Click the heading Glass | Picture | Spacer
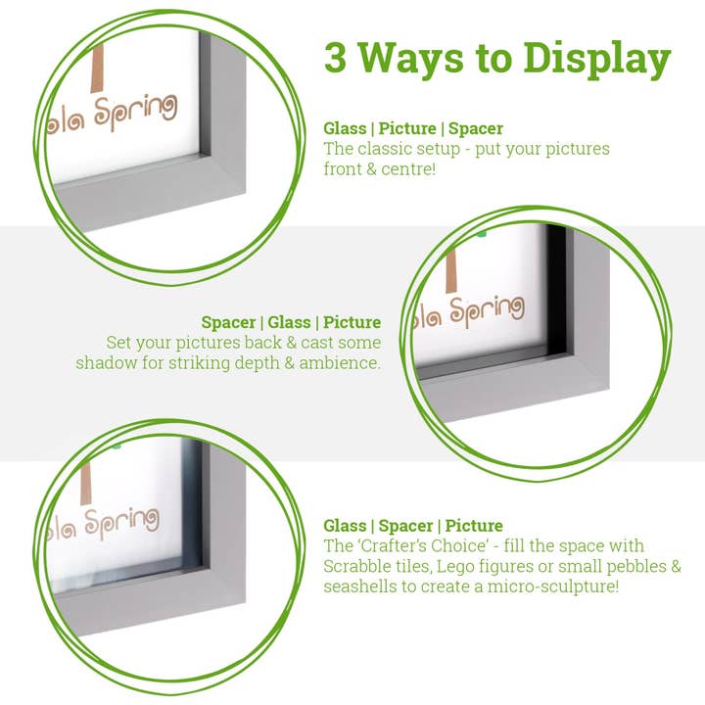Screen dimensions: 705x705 click(413, 128)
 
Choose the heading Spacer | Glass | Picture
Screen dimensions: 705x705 click(291, 322)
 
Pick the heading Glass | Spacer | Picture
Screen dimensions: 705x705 click(413, 526)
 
